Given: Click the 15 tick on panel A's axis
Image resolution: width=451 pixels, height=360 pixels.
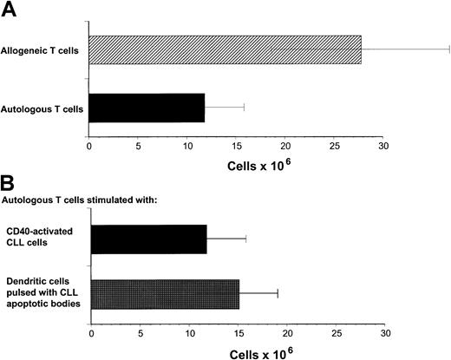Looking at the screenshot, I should [x=237, y=146].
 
